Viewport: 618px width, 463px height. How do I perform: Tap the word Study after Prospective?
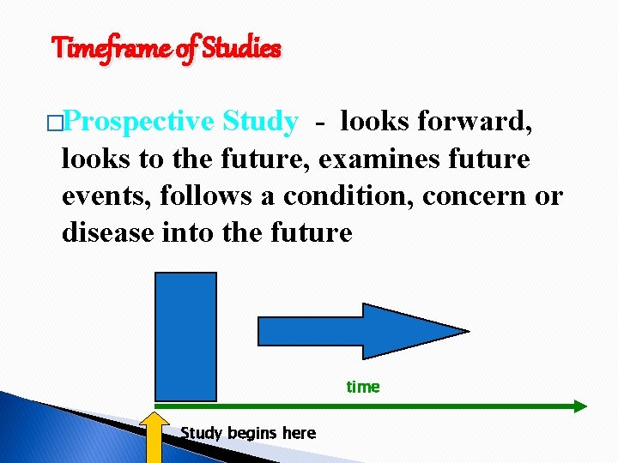click(259, 123)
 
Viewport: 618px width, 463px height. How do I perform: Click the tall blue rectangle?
click(185, 336)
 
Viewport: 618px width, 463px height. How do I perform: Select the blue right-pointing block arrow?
click(361, 330)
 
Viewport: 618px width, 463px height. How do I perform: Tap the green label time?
click(362, 387)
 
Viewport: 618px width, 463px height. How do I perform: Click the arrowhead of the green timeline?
click(579, 406)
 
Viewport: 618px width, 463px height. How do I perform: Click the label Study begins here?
click(248, 433)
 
